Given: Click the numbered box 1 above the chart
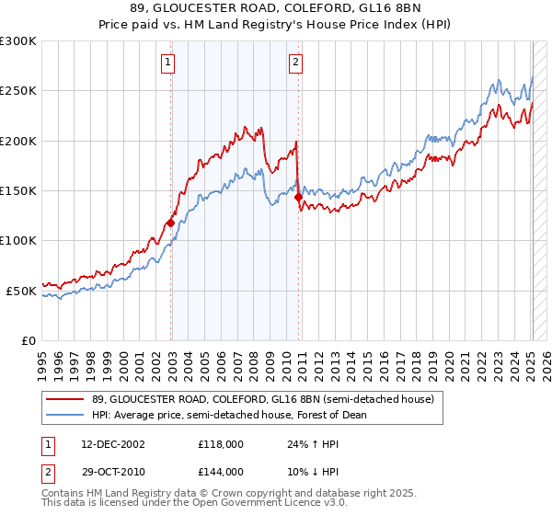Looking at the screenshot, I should [169, 63].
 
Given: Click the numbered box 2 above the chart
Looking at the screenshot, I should [295, 63].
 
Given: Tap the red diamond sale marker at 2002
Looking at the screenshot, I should [171, 223].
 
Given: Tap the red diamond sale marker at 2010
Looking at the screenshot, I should [298, 197].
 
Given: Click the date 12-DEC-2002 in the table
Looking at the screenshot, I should [115, 444].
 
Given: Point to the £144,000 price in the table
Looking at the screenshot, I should [220, 471].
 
